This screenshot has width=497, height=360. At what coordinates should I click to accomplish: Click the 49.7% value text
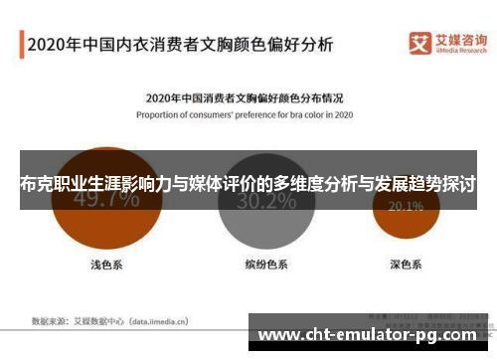[106, 200]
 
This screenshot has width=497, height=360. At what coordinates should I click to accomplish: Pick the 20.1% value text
[405, 207]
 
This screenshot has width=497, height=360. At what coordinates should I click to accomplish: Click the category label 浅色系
[105, 265]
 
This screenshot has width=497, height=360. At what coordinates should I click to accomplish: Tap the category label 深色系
[405, 265]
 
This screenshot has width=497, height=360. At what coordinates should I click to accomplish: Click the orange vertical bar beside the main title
[21, 45]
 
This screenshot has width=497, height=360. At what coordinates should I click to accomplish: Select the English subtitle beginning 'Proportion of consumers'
[245, 114]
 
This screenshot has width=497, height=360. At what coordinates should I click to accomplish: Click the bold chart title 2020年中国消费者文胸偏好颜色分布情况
[245, 98]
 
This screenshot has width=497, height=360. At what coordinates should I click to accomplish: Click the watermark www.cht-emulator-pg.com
[372, 334]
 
